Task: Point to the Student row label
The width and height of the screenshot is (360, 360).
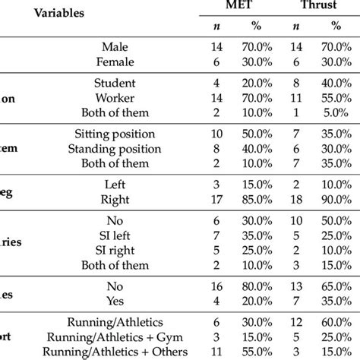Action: click(x=115, y=83)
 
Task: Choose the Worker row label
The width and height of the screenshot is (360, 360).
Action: click(x=115, y=98)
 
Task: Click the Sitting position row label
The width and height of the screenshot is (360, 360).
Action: click(x=115, y=133)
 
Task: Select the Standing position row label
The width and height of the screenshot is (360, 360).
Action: click(x=115, y=148)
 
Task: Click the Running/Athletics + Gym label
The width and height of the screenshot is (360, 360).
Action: click(x=115, y=336)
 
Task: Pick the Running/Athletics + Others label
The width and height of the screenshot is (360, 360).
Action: click(x=115, y=352)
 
